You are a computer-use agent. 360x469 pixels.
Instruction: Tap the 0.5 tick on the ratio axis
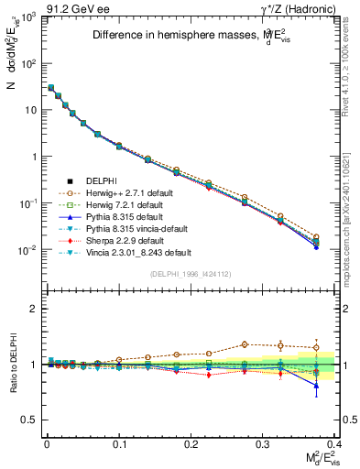(x=29, y=420)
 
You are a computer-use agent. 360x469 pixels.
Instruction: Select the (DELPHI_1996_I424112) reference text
(x=191, y=273)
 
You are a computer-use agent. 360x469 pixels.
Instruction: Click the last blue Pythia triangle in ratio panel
(x=316, y=385)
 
